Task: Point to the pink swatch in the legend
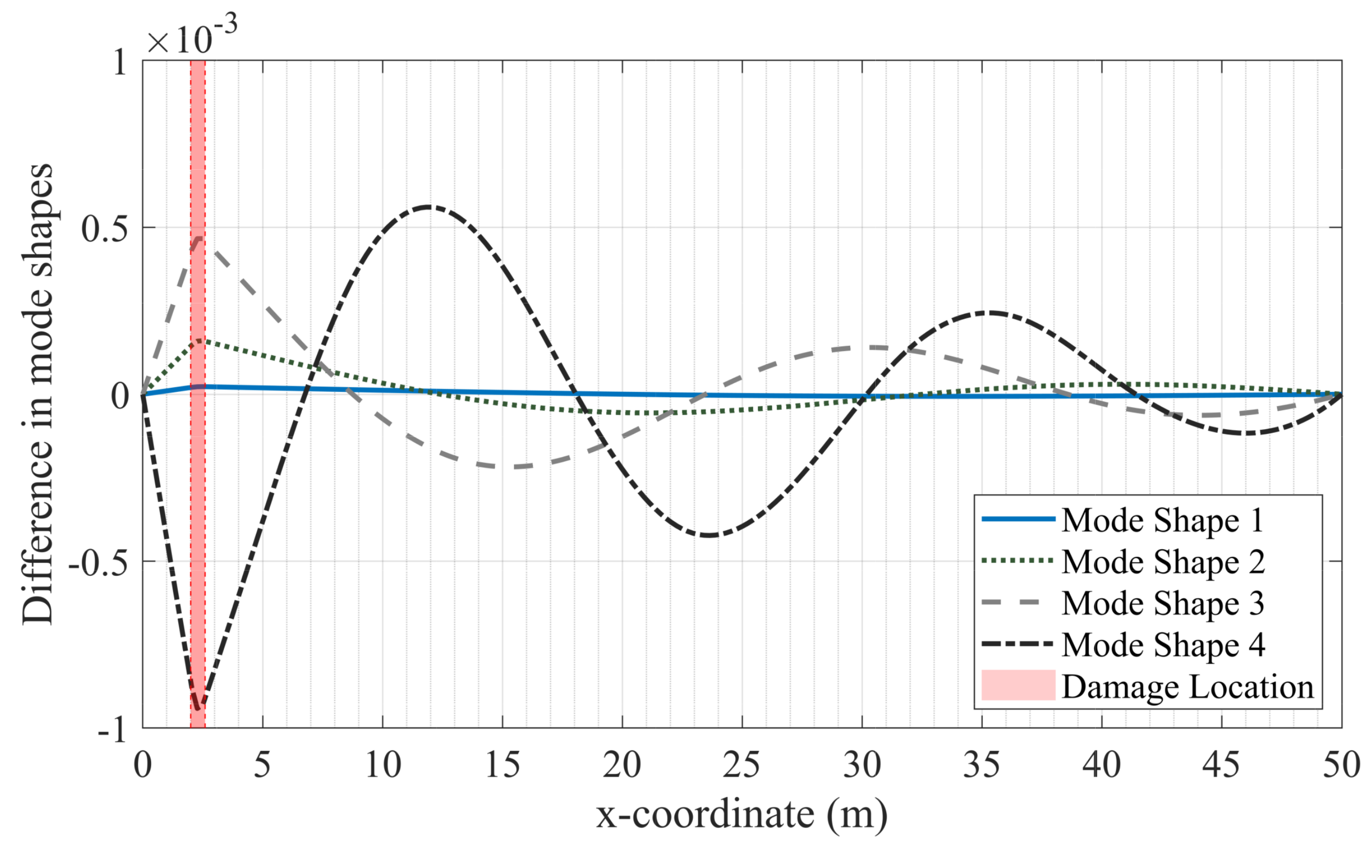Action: [x=1018, y=685]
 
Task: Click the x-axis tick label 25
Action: [x=742, y=766]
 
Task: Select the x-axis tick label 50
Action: [x=1341, y=766]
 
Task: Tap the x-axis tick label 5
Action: [x=262, y=766]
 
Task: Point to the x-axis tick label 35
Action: [x=982, y=766]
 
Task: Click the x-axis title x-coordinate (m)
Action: [x=742, y=815]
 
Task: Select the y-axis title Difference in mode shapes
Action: [x=38, y=395]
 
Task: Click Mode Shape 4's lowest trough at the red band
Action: [x=198, y=708]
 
